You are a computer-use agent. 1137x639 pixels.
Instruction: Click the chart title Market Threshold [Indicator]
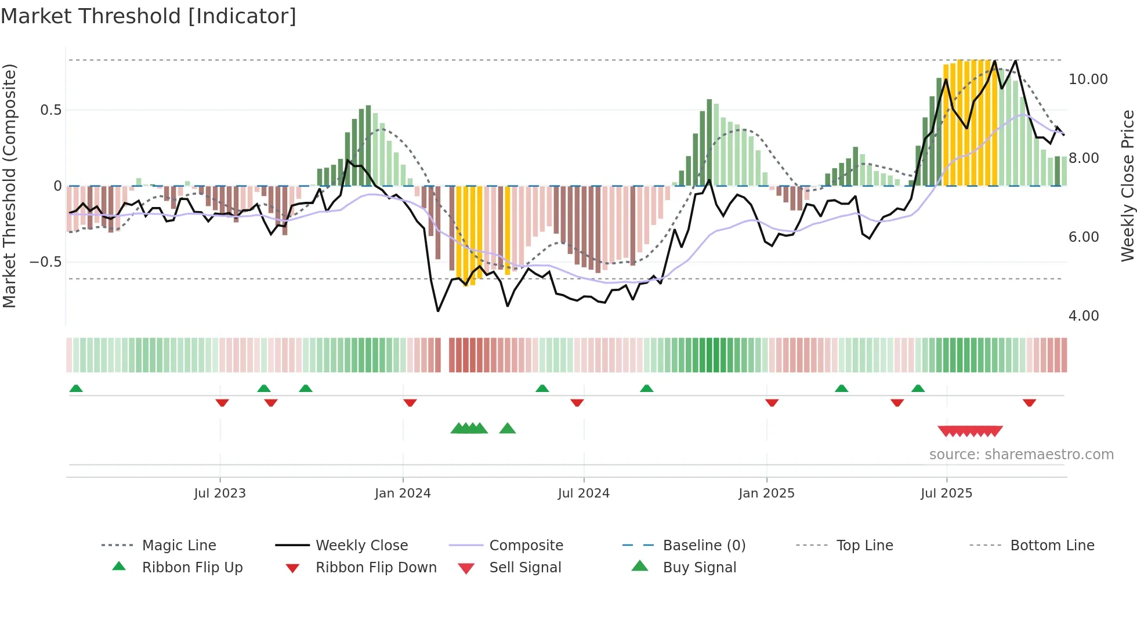(x=149, y=16)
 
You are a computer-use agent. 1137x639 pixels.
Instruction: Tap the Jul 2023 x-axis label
(x=220, y=493)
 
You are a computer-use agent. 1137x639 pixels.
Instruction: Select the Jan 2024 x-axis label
(x=403, y=493)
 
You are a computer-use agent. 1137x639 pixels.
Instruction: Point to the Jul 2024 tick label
(x=584, y=493)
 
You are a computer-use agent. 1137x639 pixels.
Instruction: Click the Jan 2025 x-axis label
(x=766, y=493)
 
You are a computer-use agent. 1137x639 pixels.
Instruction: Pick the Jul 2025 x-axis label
(x=946, y=493)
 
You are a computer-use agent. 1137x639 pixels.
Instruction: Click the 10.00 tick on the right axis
(x=1088, y=79)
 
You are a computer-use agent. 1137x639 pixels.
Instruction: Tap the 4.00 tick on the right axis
(x=1083, y=316)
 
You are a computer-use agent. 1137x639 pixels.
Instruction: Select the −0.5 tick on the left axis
(x=45, y=262)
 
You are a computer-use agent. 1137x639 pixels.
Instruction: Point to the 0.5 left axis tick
(x=50, y=110)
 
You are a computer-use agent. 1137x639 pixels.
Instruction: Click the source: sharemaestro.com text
(x=1021, y=455)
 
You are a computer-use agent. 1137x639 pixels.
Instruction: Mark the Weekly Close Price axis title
(x=1127, y=186)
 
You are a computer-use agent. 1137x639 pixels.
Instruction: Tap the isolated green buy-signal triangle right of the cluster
(x=508, y=429)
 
